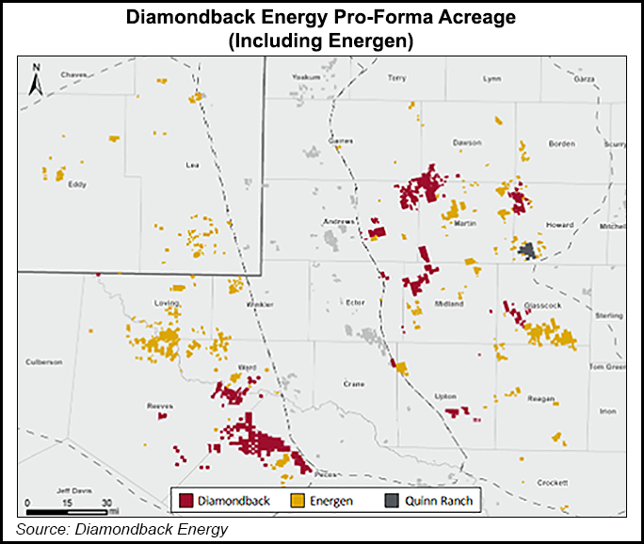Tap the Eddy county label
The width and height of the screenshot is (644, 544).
[77, 184]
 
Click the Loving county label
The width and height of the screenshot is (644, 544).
[166, 303]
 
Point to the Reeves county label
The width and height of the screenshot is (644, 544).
[159, 405]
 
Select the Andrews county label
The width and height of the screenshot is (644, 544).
[341, 222]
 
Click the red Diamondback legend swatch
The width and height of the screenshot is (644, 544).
[185, 501]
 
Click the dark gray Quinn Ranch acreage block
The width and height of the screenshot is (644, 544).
[528, 249]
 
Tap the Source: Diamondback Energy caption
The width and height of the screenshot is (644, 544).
[122, 529]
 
